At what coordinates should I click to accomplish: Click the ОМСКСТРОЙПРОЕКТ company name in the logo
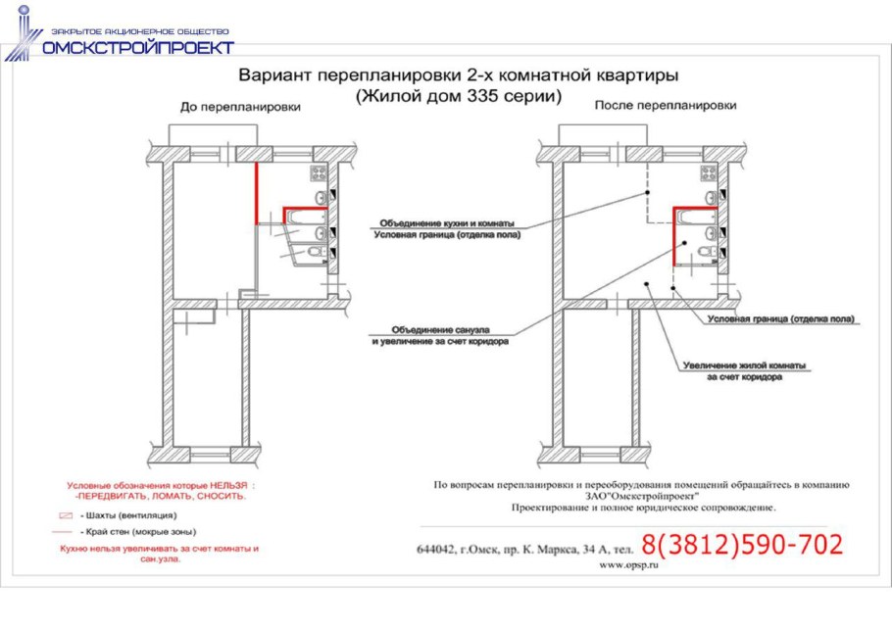[136, 47]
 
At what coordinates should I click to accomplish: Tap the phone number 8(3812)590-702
[742, 545]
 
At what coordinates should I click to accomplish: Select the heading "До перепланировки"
[239, 107]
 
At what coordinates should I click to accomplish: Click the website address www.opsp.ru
[626, 565]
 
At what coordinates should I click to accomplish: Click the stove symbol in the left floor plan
[319, 173]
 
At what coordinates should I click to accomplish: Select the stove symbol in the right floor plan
[708, 173]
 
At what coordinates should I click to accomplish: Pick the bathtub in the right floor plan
[695, 218]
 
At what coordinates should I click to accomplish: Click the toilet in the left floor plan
[315, 253]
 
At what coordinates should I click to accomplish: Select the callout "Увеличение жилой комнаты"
[744, 365]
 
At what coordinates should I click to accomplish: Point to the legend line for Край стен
[67, 530]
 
